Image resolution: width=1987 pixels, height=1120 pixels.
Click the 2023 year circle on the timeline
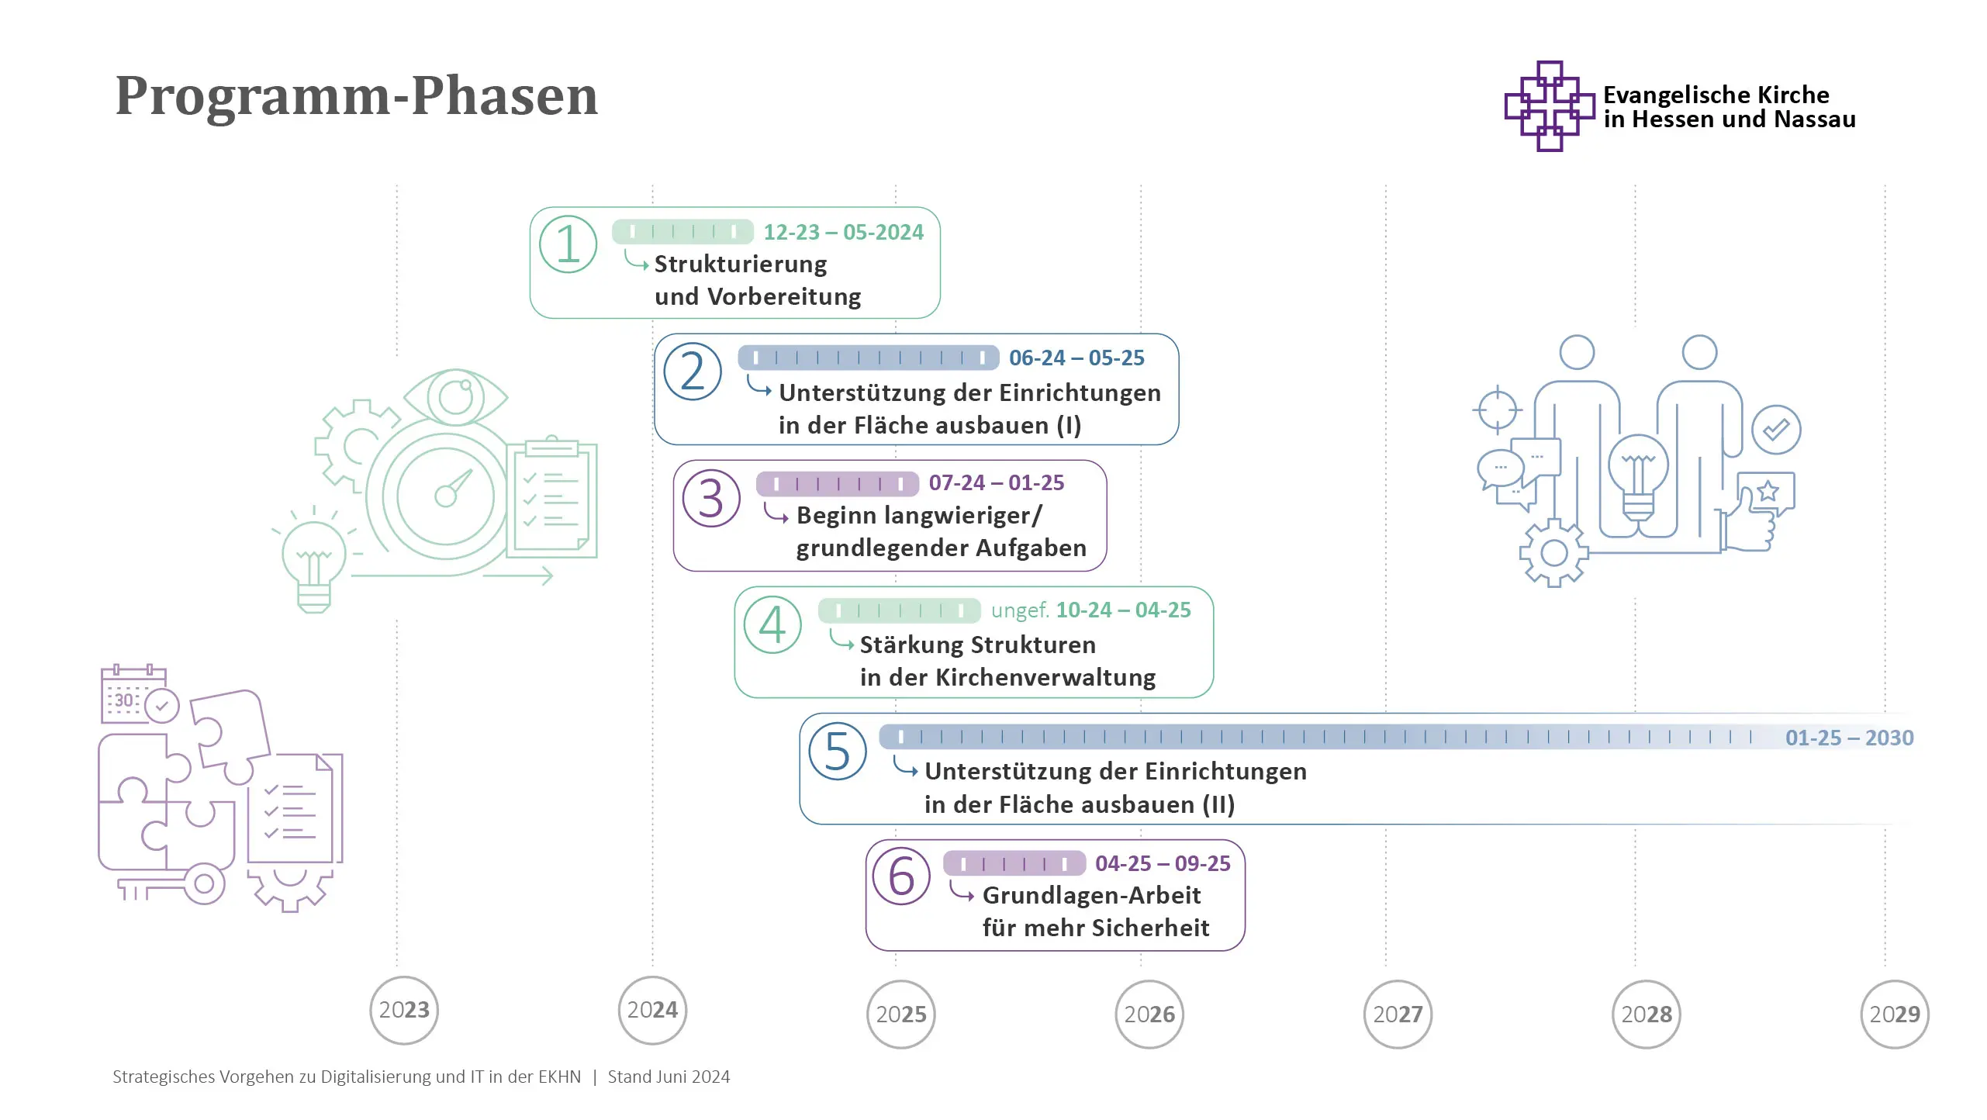404,1010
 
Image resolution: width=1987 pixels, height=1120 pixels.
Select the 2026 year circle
1149,1014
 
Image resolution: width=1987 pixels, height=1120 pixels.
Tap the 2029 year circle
1895,1014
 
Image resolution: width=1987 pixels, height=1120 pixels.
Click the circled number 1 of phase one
568,244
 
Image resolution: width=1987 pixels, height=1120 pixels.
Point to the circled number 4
772,624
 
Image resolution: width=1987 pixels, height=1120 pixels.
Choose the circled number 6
901,876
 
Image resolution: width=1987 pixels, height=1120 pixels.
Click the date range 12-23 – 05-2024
843,232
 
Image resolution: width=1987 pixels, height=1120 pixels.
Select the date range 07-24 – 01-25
997,482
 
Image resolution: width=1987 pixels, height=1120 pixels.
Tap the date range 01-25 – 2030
1849,738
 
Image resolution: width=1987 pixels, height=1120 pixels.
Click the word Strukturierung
741,264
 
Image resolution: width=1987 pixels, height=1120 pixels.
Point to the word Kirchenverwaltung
1045,678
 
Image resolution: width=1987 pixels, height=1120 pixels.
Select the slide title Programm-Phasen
357,96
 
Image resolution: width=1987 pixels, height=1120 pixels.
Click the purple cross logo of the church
1549,106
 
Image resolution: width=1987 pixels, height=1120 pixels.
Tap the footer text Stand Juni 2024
669,1077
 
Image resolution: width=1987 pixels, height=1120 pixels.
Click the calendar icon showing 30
132,695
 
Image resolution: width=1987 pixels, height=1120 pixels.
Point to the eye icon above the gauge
456,397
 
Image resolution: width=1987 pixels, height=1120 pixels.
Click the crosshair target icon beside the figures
1497,410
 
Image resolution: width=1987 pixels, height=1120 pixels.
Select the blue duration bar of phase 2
868,358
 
